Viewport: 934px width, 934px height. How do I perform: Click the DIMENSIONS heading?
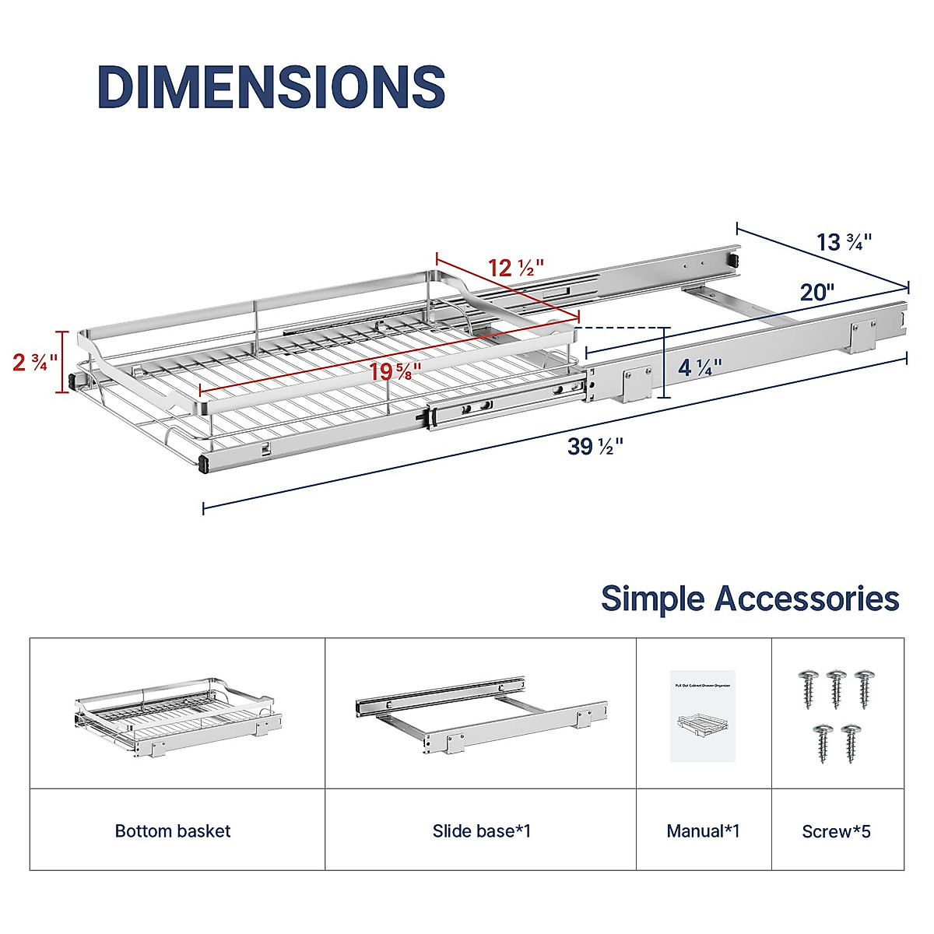271,86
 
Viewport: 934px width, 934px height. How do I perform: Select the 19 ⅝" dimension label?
395,371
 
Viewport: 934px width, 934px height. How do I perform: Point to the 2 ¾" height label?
35,362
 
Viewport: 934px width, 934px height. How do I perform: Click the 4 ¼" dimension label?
700,367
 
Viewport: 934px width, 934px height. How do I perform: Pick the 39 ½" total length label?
595,447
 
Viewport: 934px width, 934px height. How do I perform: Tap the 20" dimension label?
817,292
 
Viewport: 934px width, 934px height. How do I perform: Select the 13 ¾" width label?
844,242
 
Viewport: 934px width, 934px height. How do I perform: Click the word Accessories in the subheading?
807,599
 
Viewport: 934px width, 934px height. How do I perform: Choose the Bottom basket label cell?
173,831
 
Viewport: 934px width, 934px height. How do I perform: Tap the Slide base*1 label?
481,831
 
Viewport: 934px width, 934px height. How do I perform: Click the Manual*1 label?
703,831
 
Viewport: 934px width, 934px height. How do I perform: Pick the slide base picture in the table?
481,715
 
